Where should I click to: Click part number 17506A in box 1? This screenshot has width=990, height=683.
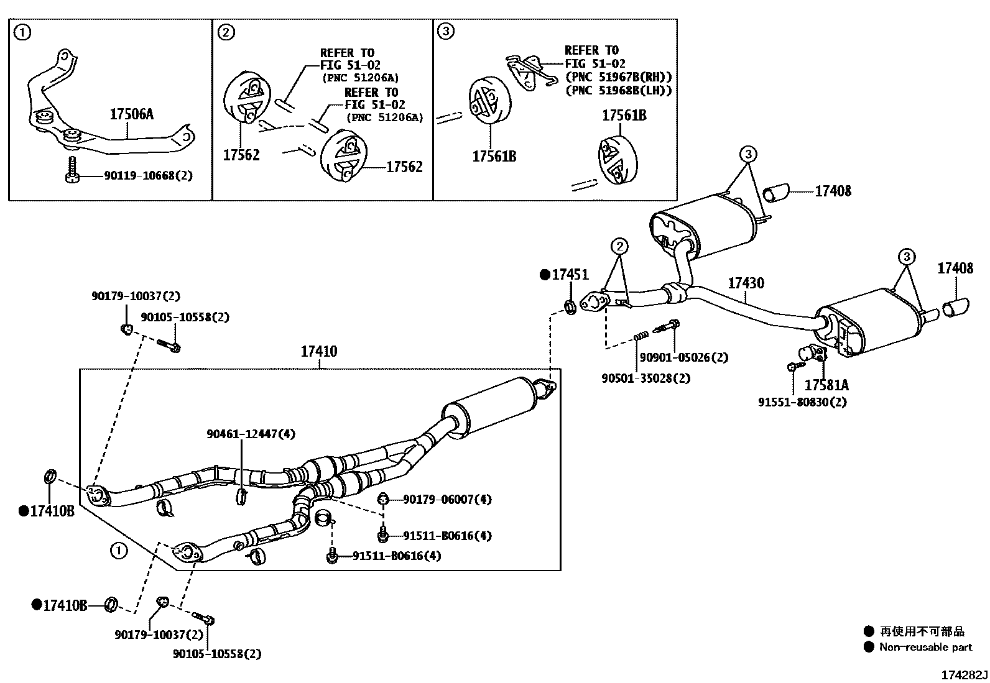[x=131, y=114]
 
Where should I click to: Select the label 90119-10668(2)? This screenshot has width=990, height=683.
[x=139, y=176]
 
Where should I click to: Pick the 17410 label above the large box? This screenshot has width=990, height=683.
[x=318, y=352]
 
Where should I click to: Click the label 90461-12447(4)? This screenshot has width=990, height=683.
[x=251, y=434]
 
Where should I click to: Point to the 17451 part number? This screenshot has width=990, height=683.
[x=570, y=275]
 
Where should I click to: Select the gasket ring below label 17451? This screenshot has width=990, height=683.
[x=570, y=305]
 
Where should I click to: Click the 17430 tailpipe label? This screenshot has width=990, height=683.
[x=746, y=283]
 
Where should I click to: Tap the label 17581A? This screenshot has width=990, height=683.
[x=826, y=385]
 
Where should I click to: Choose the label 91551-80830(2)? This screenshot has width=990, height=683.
[x=802, y=402]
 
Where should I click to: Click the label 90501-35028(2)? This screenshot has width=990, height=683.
[x=645, y=378]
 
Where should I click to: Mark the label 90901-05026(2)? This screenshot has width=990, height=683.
[x=683, y=357]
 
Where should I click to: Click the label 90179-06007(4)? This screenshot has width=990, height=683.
[x=447, y=499]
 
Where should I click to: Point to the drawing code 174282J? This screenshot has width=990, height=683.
[x=963, y=675]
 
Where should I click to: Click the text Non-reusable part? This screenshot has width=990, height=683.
[x=925, y=647]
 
